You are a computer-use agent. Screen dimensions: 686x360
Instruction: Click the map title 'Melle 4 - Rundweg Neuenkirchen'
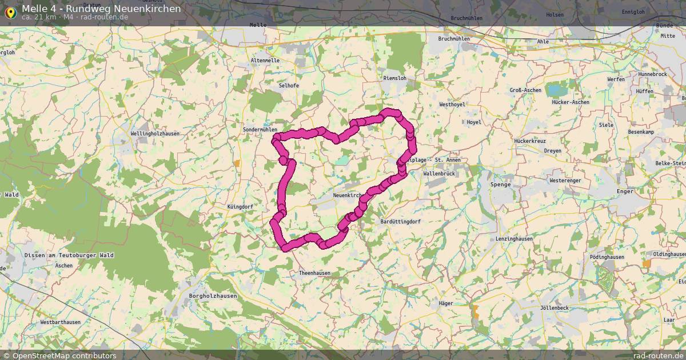pos(101,9)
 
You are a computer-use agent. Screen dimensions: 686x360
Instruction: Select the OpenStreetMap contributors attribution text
pos(64,355)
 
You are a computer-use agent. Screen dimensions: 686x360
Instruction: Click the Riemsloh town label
pos(395,78)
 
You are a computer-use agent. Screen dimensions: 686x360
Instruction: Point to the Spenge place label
pos(500,185)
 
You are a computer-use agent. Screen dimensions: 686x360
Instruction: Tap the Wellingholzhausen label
pos(155,134)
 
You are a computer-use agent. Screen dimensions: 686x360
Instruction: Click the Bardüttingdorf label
pos(400,221)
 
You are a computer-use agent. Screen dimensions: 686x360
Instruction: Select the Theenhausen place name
pos(314,273)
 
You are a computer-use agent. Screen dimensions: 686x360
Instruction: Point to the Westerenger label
pos(565,181)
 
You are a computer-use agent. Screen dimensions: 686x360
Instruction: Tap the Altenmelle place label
pos(265,60)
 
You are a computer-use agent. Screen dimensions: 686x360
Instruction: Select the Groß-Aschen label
pos(525,90)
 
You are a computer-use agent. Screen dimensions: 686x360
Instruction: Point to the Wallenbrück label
pos(439,173)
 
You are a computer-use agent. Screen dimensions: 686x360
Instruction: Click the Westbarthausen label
pos(60,322)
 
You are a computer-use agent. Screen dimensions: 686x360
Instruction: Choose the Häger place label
pos(446,303)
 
